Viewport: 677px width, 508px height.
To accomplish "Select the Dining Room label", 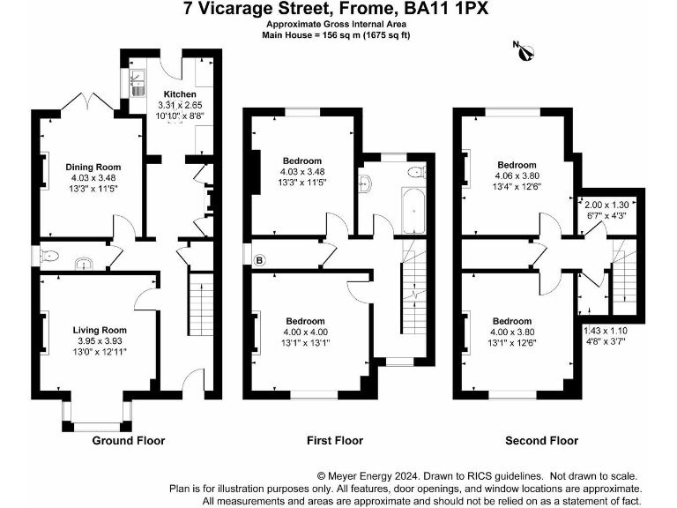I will coord(93,166).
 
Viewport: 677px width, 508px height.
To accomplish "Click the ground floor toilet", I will coord(50,256).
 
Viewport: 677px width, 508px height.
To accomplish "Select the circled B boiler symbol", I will coord(259,260).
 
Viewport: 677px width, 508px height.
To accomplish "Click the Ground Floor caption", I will coord(129,440).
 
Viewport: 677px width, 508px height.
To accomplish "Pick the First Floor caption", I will coord(334,440).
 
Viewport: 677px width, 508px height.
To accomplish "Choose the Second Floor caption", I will coord(541,440).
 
